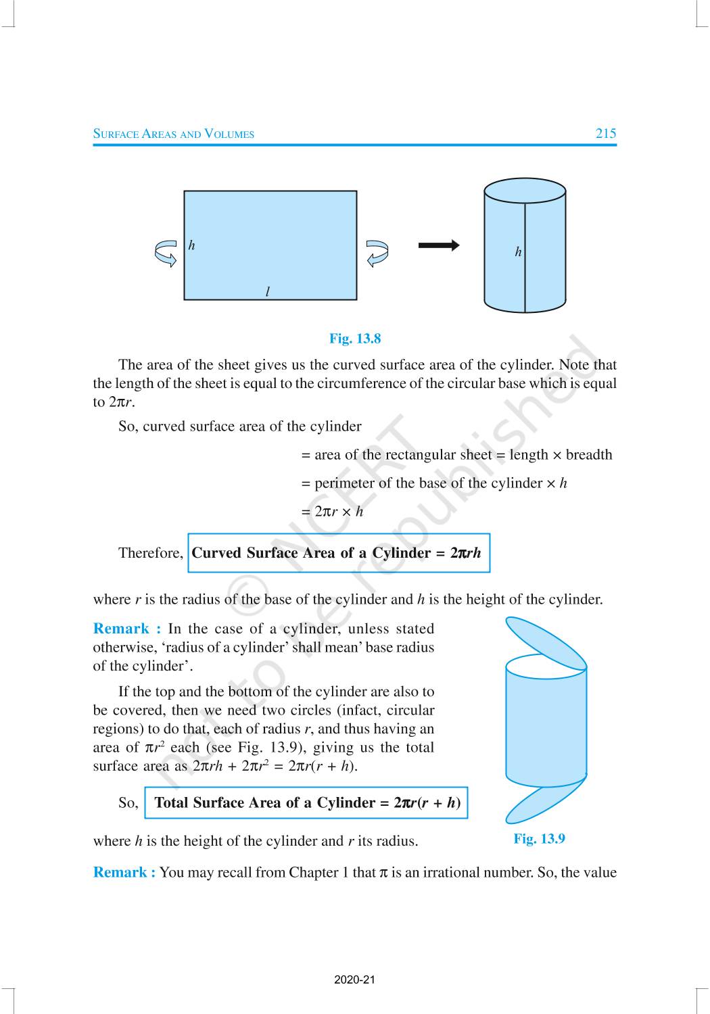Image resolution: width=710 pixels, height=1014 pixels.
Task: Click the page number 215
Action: tap(605, 133)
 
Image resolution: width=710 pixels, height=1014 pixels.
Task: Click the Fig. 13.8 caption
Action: tap(355, 338)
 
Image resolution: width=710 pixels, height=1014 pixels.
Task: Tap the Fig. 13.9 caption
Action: tap(539, 839)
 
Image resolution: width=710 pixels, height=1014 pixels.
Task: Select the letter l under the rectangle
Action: tap(268, 292)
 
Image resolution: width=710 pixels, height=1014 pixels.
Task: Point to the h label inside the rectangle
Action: tap(191, 245)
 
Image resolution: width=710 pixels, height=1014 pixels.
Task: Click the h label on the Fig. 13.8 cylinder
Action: tap(518, 252)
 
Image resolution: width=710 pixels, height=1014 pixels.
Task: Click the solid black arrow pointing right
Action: tap(439, 245)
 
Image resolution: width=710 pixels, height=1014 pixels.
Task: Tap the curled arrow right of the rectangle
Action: tap(377, 254)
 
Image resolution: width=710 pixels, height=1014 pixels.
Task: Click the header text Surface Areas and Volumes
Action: tap(174, 134)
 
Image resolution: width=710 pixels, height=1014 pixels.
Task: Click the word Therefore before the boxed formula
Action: tap(150, 553)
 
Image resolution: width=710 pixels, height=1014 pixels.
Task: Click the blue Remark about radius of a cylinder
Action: tap(127, 629)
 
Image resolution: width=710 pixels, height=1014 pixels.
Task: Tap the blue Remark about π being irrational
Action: tap(124, 873)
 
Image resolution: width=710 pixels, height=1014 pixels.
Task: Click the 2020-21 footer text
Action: tap(354, 980)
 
